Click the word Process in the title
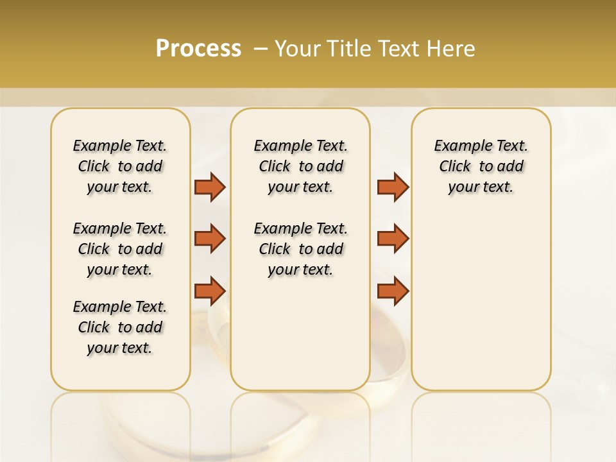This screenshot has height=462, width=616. pyautogui.click(x=198, y=48)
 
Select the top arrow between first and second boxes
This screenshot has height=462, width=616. pyautogui.click(x=210, y=187)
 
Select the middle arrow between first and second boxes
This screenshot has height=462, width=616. pyautogui.click(x=210, y=239)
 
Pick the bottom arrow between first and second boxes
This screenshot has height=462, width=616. pyautogui.click(x=210, y=291)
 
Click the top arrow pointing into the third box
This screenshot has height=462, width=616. pyautogui.click(x=393, y=187)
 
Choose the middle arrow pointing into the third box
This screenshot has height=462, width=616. pyautogui.click(x=393, y=239)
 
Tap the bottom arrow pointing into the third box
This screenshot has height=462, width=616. pyautogui.click(x=393, y=291)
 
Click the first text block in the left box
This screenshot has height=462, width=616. pyautogui.click(x=120, y=166)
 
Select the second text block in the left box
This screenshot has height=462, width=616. pyautogui.click(x=120, y=249)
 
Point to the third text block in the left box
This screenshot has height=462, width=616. pyautogui.click(x=120, y=327)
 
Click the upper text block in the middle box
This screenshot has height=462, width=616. pyautogui.click(x=300, y=166)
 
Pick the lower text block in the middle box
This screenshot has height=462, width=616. pyautogui.click(x=300, y=249)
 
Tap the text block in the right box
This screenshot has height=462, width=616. pyautogui.click(x=481, y=166)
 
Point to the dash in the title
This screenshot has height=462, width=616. pyautogui.click(x=260, y=49)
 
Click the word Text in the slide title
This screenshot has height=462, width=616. pyautogui.click(x=396, y=49)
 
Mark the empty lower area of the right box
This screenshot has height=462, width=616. pyautogui.click(x=481, y=302)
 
